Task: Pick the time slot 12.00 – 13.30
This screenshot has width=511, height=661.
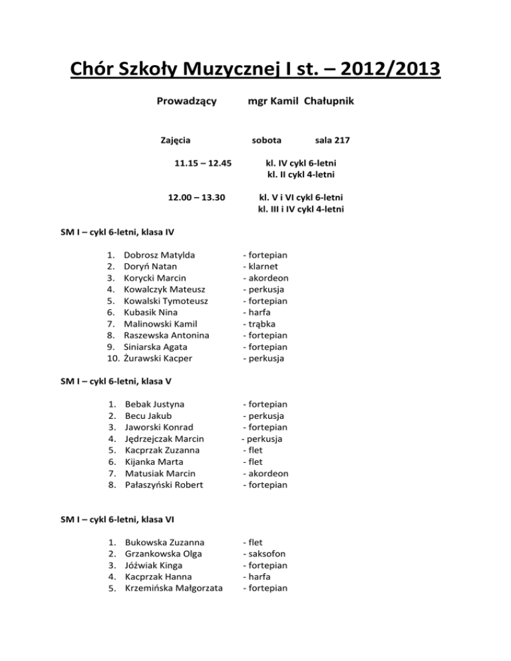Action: point(197,198)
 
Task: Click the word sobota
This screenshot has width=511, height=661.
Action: point(266,140)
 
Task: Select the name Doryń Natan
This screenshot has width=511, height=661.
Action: point(151,266)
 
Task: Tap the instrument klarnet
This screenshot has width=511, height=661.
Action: point(262,266)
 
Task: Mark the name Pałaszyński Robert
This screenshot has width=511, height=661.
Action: point(164,485)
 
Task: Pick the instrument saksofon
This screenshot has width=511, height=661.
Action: point(265,554)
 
